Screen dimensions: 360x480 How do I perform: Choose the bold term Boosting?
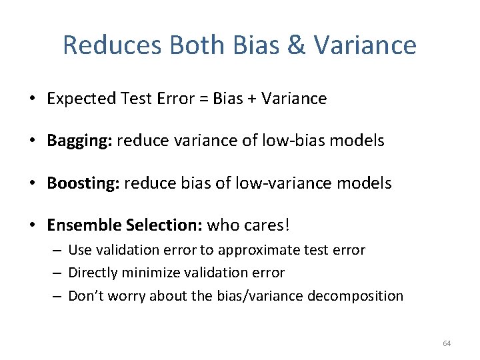(83, 183)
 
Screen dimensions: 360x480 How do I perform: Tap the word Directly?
(92, 273)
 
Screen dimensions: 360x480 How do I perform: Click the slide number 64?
(446, 343)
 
